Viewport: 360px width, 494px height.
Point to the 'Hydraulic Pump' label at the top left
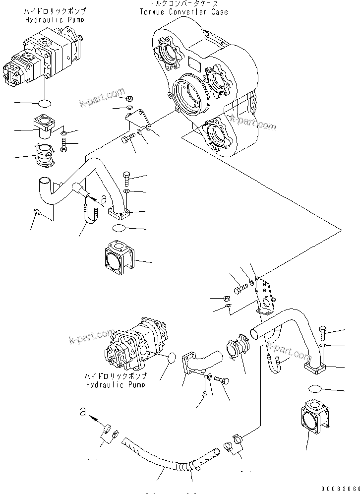55,20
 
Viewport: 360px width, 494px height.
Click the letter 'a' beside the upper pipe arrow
104,199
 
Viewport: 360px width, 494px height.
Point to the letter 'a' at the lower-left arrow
82,411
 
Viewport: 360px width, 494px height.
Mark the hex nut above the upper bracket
129,97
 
